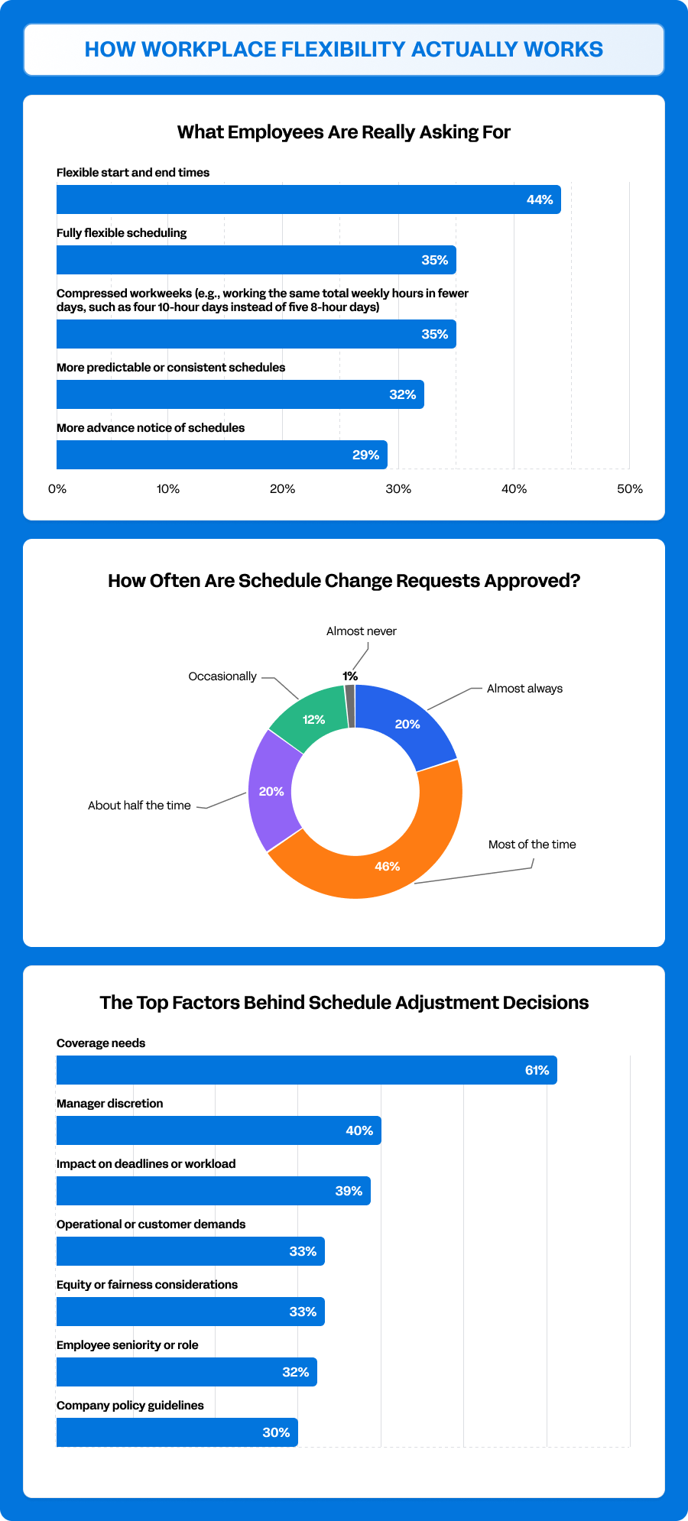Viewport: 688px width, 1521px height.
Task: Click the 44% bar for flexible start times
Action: click(x=306, y=199)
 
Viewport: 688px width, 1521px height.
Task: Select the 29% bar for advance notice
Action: click(x=222, y=455)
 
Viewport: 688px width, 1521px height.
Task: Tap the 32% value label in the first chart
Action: click(x=403, y=394)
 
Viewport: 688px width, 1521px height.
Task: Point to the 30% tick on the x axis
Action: click(x=398, y=489)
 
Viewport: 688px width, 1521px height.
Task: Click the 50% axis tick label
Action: click(x=630, y=489)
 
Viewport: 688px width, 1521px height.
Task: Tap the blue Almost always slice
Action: click(x=405, y=722)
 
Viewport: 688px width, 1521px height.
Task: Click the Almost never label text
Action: click(x=362, y=631)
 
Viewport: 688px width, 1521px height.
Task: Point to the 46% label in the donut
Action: click(x=388, y=866)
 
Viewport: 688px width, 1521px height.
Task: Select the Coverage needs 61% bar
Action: click(x=306, y=1070)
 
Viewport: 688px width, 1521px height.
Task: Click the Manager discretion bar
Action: click(x=219, y=1130)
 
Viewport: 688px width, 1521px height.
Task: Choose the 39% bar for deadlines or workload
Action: click(x=213, y=1191)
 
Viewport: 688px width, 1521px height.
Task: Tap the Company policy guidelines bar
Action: click(x=177, y=1432)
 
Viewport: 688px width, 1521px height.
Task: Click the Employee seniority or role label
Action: click(x=128, y=1345)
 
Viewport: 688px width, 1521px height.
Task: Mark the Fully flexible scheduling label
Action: click(x=122, y=233)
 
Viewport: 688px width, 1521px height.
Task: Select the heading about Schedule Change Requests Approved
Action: click(x=344, y=581)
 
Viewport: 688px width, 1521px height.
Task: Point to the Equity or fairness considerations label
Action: click(x=147, y=1285)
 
